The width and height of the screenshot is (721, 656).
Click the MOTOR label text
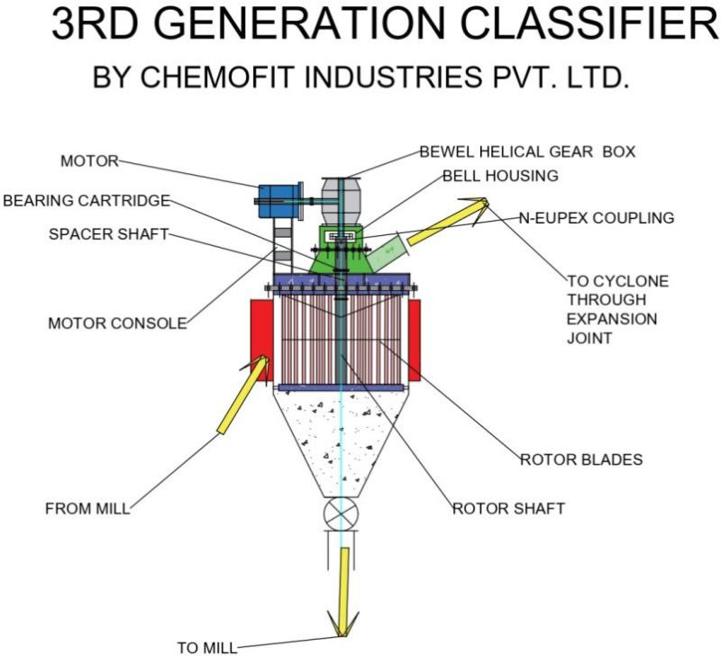[x=89, y=161]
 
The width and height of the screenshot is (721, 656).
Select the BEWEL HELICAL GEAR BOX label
[x=527, y=151]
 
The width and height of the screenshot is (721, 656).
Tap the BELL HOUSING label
[x=500, y=175]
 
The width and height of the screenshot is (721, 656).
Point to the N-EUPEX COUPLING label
[x=596, y=218]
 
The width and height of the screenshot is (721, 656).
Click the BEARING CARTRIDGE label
[x=86, y=200]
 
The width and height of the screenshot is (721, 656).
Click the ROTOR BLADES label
[x=581, y=460]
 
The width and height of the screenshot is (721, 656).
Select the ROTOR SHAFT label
[x=508, y=508]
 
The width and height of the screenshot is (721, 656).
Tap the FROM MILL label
[x=87, y=508]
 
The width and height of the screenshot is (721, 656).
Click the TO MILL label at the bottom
[x=206, y=647]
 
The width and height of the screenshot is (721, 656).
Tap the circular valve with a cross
[x=342, y=517]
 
